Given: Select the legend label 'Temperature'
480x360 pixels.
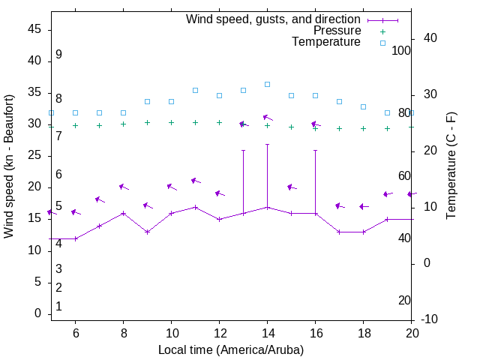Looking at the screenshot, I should (x=326, y=42).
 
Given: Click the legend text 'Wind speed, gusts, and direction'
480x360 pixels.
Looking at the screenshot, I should (x=274, y=19).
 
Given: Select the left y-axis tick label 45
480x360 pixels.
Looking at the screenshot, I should (x=34, y=30).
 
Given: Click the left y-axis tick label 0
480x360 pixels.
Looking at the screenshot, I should (x=38, y=313).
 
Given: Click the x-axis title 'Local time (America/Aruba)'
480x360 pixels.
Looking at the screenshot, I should (x=231, y=349).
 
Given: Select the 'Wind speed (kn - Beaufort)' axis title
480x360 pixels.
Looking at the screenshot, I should (x=9, y=166).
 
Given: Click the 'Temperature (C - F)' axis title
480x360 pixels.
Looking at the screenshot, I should (x=451, y=166).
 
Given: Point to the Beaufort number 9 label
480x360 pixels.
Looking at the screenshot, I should (x=58, y=55).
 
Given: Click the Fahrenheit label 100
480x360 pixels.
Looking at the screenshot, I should (x=402, y=50).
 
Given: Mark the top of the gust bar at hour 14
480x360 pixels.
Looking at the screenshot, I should (x=267, y=144).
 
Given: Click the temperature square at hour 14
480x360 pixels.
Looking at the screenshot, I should (x=267, y=84).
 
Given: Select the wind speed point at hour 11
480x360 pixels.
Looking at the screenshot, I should (x=195, y=207).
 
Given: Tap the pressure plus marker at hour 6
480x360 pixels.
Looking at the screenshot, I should (x=75, y=125).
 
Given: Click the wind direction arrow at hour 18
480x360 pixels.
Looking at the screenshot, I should (x=364, y=206).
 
